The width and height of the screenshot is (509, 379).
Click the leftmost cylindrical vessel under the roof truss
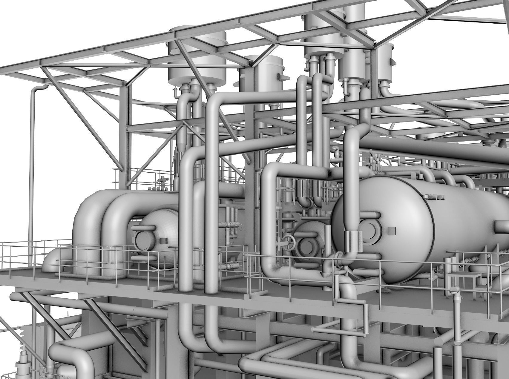point(197,60)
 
